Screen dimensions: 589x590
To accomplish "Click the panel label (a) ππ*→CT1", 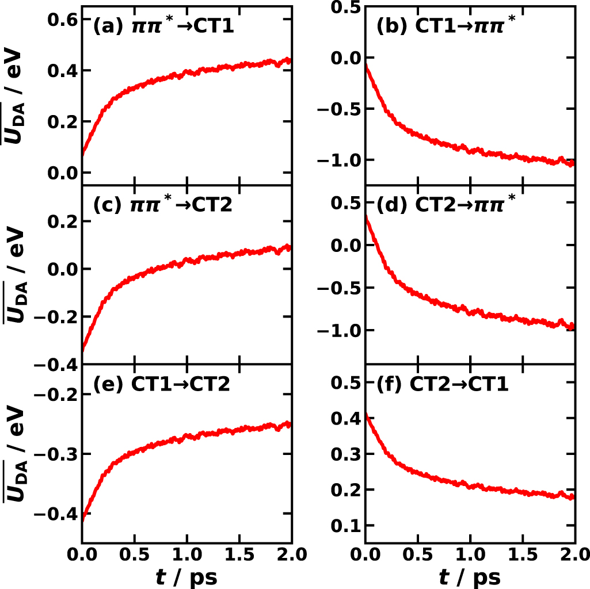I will [163, 26].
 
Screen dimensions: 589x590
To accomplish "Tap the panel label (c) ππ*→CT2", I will [162, 205].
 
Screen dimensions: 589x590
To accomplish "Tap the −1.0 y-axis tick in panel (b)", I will [337, 160].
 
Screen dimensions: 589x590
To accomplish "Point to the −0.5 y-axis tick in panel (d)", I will [337, 288].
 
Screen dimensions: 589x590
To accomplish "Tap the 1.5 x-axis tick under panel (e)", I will [239, 556].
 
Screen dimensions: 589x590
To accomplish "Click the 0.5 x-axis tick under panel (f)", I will [417, 556].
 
